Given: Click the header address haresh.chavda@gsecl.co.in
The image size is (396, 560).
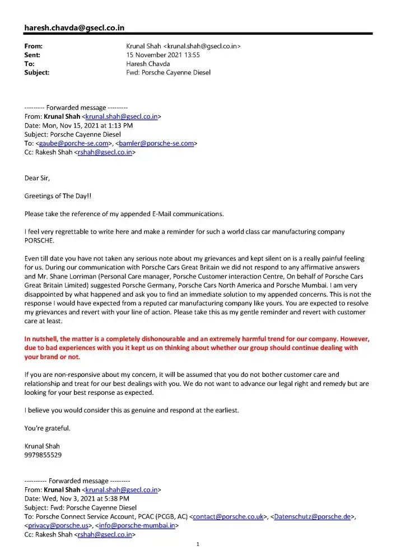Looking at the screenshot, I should click(x=74, y=27).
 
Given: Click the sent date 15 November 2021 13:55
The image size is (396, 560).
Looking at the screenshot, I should click(x=163, y=55).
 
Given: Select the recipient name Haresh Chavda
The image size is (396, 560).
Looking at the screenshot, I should click(x=148, y=64).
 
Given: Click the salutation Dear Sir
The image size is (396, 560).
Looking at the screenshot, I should click(x=37, y=178).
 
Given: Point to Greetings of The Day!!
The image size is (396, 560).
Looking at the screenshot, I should click(x=58, y=196).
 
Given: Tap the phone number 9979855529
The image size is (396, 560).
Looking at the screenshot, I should click(x=43, y=455).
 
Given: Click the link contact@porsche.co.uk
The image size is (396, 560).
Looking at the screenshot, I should click(x=228, y=517).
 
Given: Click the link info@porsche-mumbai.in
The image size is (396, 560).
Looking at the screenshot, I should click(x=138, y=526).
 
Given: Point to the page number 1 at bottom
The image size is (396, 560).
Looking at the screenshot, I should click(x=198, y=544).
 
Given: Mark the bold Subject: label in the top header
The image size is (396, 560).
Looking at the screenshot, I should click(x=37, y=73).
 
